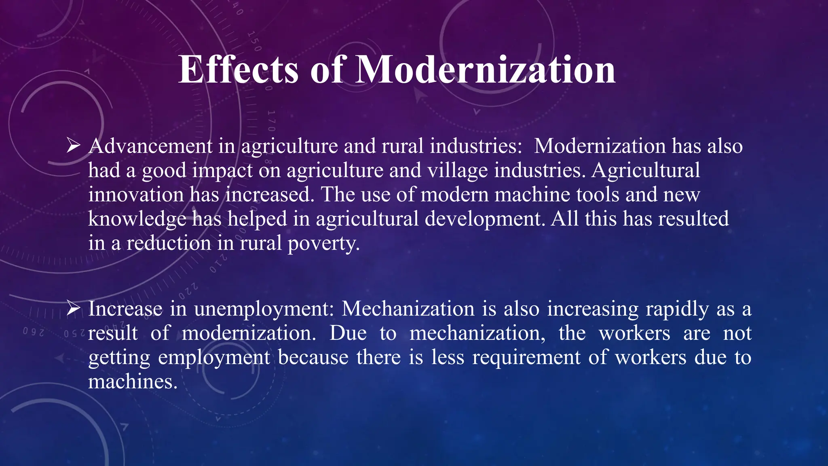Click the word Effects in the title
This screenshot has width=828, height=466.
coord(238,70)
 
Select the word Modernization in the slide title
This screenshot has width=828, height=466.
coord(485,70)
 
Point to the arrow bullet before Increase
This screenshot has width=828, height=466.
coord(74,309)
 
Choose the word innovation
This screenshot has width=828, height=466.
coord(136,195)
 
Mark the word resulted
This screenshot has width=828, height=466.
coord(693,219)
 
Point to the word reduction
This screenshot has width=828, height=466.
coord(169,243)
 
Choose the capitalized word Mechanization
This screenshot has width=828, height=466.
coord(408,309)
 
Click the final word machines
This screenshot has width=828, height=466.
coord(133,381)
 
